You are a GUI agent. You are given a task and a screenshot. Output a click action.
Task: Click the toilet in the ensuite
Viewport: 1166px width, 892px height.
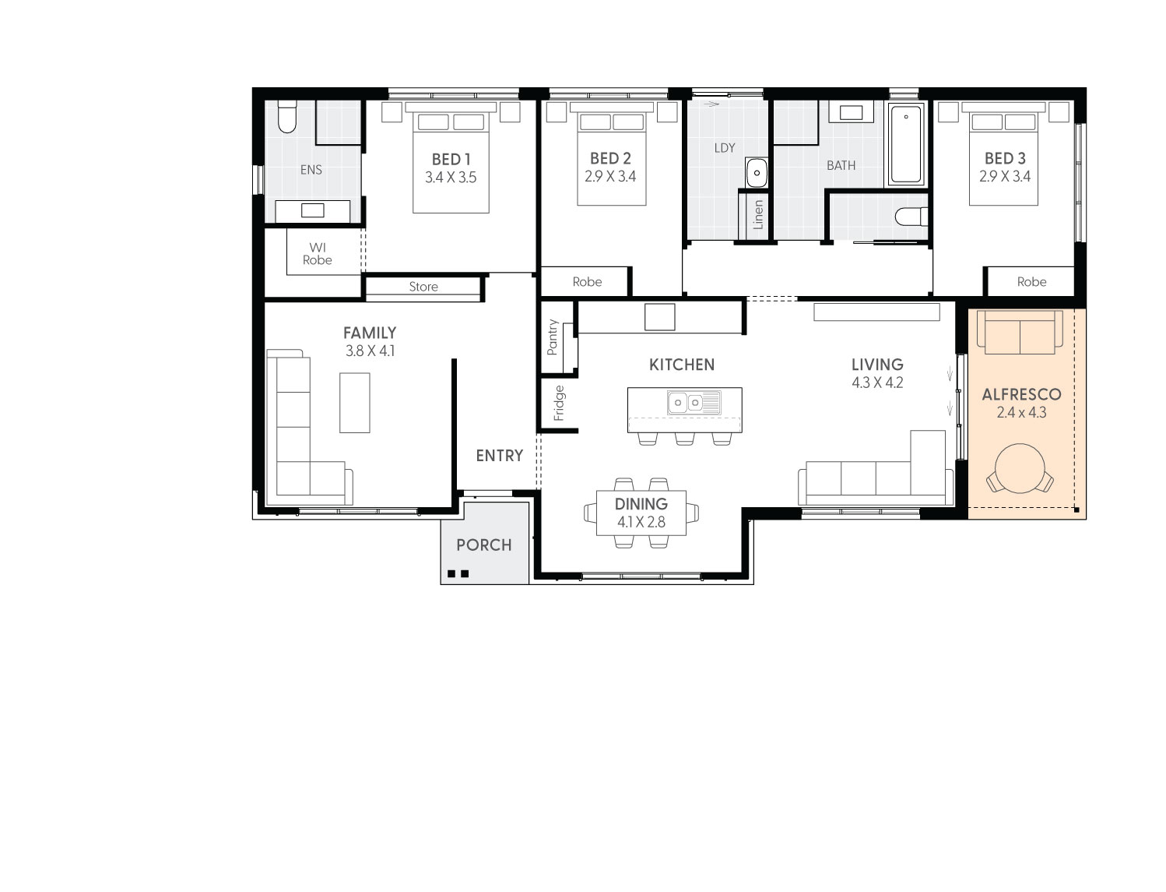point(287,117)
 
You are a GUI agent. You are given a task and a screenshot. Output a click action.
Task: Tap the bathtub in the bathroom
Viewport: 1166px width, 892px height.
point(906,144)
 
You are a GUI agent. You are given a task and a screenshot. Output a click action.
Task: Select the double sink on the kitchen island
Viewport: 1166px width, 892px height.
point(694,403)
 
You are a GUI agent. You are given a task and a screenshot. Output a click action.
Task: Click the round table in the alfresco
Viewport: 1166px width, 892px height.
point(1020,468)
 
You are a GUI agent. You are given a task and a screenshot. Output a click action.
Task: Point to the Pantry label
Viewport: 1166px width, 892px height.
point(553,337)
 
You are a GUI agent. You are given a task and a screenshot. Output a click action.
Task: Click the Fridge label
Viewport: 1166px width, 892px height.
point(559,403)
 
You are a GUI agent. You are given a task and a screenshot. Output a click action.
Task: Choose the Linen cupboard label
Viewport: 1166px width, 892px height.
point(758,214)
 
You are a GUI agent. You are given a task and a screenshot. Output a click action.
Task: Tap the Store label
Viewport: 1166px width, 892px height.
point(423,287)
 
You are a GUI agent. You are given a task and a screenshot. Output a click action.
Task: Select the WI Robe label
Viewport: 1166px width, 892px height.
point(317,253)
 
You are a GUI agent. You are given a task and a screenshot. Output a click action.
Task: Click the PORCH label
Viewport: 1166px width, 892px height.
point(484,545)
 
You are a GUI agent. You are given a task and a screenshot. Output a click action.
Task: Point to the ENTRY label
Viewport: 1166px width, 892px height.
point(500,456)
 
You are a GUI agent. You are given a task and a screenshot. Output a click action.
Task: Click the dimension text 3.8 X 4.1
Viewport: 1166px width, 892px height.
point(370,351)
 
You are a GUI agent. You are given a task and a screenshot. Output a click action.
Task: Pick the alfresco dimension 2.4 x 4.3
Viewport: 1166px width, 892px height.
point(1021,413)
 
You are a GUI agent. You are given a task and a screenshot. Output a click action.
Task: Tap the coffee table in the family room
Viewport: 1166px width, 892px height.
point(355,403)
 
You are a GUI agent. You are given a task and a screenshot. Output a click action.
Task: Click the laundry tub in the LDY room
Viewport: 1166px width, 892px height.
point(756,172)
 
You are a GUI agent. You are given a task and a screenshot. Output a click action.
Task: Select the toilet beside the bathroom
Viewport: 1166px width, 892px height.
point(911,217)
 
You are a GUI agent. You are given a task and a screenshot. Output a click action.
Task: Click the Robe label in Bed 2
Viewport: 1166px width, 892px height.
point(587,282)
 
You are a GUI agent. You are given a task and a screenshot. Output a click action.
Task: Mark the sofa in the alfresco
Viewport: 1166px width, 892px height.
point(1020,333)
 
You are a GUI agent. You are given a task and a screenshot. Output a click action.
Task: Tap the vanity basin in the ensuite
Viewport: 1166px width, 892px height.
point(312,210)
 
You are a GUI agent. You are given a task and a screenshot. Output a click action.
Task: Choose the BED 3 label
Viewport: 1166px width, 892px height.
point(1005,158)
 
